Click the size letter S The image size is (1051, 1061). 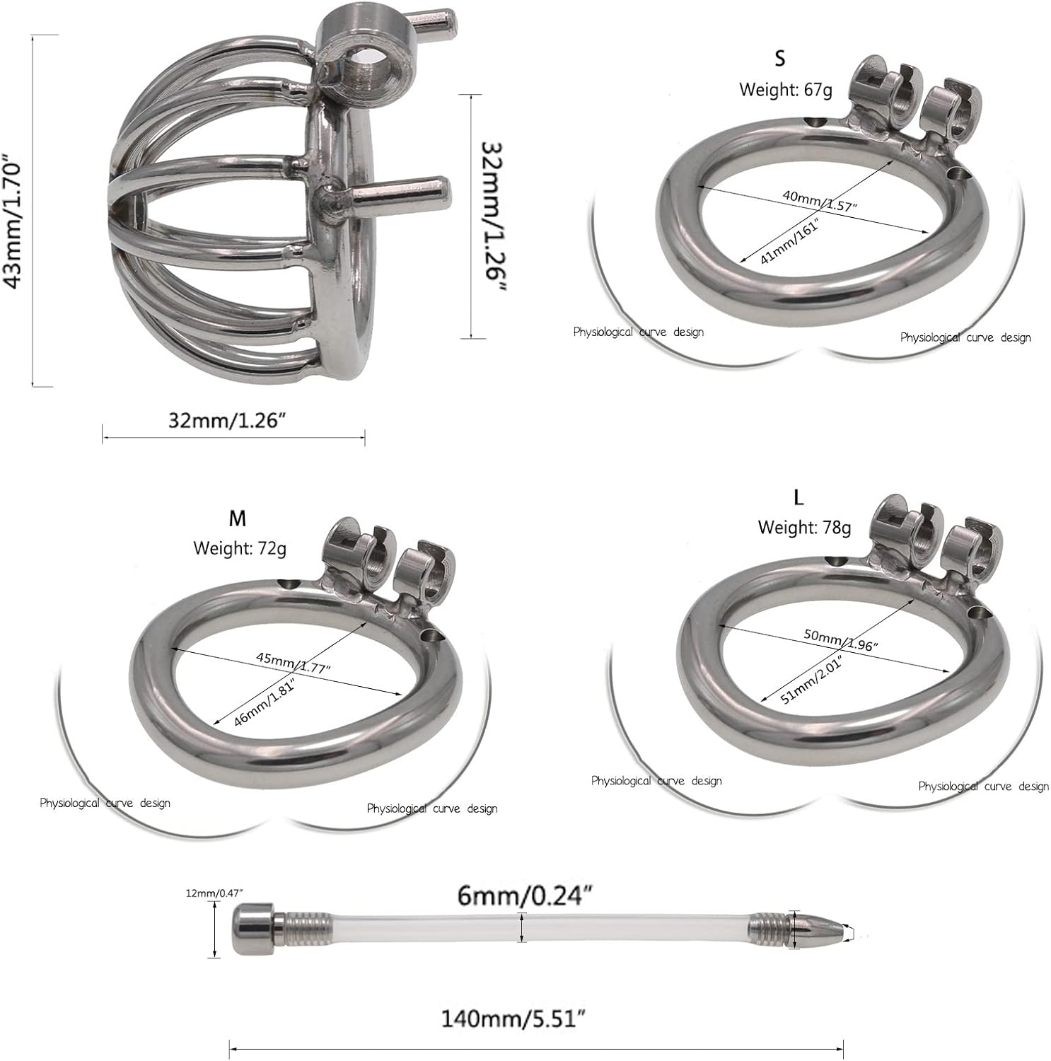coord(779,57)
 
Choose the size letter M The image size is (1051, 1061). coord(238,518)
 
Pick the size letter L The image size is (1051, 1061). coord(799,497)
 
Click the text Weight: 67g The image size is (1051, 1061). coord(786,90)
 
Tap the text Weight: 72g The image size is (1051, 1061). coord(240,548)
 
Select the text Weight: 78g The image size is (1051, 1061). coord(804,527)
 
